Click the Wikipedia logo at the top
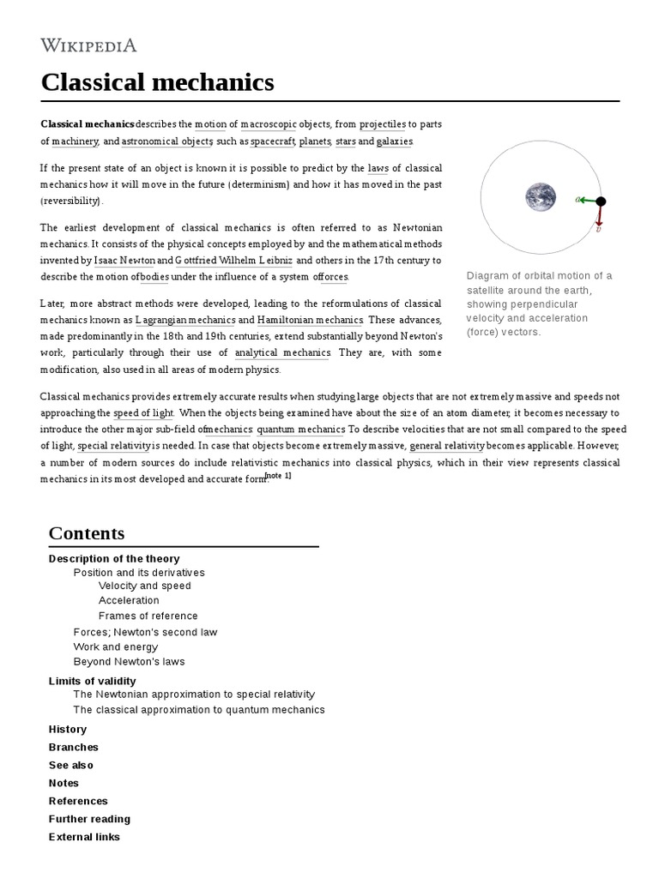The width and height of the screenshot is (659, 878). (88, 45)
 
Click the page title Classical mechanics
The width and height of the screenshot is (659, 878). (158, 82)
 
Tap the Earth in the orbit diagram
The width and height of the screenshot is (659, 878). (541, 198)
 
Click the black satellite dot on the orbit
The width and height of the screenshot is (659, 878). (601, 201)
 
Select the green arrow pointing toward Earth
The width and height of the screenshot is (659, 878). (588, 200)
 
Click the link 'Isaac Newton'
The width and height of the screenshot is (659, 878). (124, 260)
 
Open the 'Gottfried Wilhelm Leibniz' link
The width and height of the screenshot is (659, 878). (234, 260)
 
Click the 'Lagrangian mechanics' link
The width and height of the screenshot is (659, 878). (185, 320)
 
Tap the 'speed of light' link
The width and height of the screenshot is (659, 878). (143, 412)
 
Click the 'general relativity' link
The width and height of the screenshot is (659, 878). (447, 446)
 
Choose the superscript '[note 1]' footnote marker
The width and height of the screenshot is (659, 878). (279, 476)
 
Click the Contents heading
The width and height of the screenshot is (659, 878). (87, 533)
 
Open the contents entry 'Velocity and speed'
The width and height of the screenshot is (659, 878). (144, 586)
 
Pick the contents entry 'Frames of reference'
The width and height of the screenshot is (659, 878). (148, 616)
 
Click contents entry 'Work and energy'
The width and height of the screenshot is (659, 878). (116, 646)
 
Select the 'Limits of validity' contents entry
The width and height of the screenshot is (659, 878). (93, 681)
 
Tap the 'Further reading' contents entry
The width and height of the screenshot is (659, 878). (89, 819)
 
